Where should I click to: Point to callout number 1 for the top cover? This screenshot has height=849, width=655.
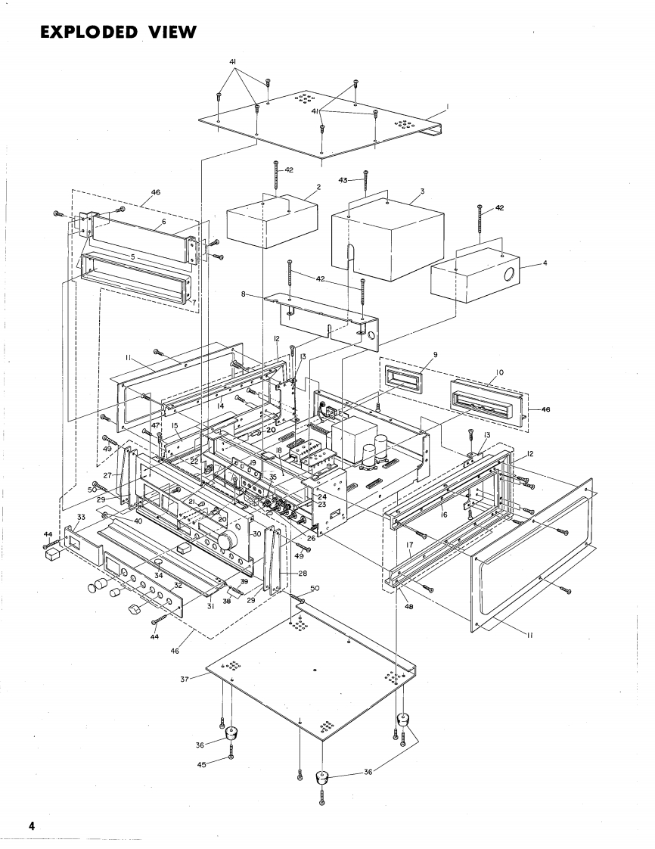[x=446, y=108]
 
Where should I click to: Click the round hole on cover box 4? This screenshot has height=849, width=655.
[x=508, y=274]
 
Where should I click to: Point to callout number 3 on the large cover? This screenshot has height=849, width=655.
[x=422, y=191]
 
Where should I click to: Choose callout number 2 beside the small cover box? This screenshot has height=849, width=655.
[x=318, y=186]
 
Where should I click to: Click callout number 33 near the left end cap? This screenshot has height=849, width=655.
[x=81, y=516]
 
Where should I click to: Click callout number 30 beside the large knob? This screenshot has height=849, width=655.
[x=256, y=533]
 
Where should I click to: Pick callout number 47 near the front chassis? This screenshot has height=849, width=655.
[x=155, y=426]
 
